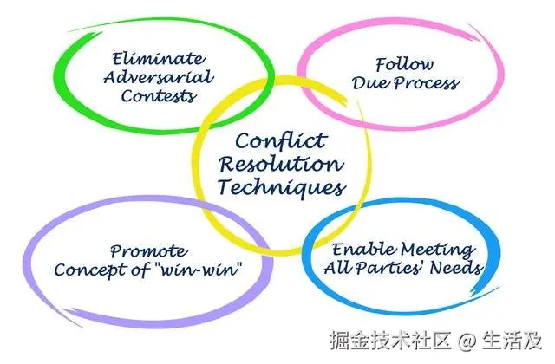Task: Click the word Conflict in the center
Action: pos(281,140)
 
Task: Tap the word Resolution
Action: pos(281,163)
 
